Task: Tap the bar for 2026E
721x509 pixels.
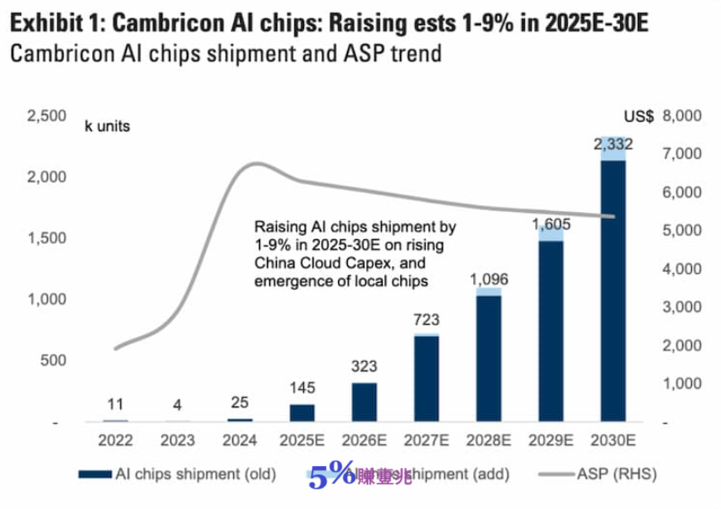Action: [x=364, y=402]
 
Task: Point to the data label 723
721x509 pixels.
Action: [x=427, y=321]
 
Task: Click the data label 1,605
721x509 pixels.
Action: [x=551, y=224]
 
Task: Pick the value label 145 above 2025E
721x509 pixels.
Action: [x=302, y=388]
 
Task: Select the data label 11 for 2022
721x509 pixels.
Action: [x=115, y=404]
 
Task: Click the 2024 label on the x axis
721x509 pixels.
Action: [x=239, y=439]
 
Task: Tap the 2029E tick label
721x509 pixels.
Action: [x=551, y=439]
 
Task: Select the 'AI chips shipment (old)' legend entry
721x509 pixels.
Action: [x=176, y=474]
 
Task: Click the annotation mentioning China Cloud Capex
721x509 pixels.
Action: [x=354, y=254]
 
